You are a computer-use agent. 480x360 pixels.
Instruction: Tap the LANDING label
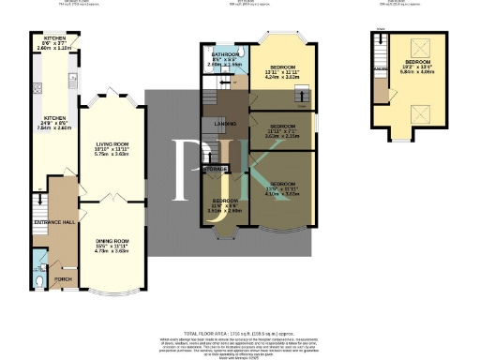pyautogui.click(x=225, y=122)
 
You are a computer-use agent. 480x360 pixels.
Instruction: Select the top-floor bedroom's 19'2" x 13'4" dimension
pyautogui.click(x=422, y=67)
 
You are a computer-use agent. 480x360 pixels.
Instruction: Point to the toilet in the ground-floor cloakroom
pyautogui.click(x=37, y=278)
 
